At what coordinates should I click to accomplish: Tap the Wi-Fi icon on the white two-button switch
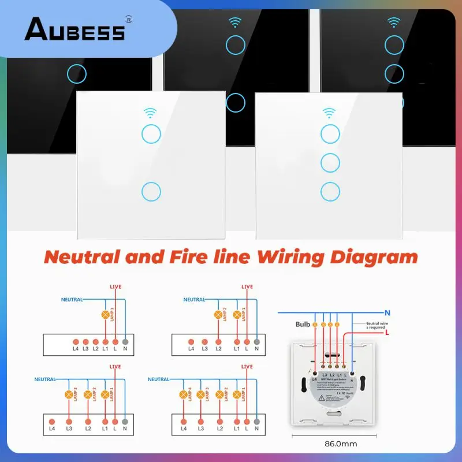(x=150, y=112)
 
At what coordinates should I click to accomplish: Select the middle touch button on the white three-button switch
(x=330, y=162)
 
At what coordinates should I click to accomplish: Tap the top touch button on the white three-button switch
(x=330, y=133)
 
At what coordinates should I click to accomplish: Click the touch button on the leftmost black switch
(x=76, y=73)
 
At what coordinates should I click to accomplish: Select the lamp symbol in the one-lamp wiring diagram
(x=105, y=315)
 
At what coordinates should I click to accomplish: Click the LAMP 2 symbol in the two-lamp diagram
(x=219, y=315)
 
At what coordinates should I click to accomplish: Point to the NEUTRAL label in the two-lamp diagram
(x=195, y=299)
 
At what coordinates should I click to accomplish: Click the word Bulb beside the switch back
(x=304, y=325)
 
